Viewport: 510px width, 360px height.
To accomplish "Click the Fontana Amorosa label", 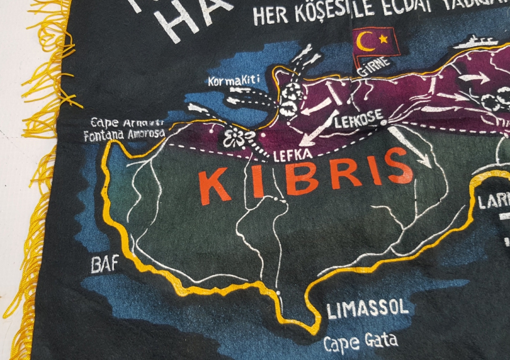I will [124, 135].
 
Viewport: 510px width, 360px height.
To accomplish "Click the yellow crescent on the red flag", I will [365, 41].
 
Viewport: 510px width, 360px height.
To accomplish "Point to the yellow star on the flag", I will [383, 39].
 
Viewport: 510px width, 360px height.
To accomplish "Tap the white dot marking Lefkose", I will [384, 121].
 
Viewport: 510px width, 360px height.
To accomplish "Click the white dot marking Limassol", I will [280, 293].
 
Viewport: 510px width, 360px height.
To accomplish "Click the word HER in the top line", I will [271, 16].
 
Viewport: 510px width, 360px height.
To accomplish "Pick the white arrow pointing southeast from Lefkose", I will [411, 147].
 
